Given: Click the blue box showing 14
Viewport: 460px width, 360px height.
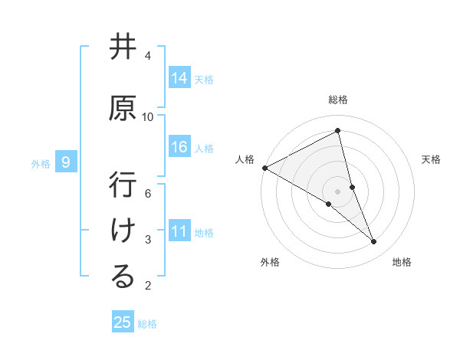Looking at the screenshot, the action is click(x=179, y=78).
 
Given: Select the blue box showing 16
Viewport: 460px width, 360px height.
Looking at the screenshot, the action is click(x=179, y=147).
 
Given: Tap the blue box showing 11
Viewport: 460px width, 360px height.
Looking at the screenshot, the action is click(x=179, y=231).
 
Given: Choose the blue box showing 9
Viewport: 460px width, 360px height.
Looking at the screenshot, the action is click(x=66, y=162).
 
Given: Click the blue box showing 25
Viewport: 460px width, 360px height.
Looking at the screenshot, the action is click(x=123, y=322).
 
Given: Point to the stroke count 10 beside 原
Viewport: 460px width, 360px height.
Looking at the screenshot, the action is click(x=148, y=116).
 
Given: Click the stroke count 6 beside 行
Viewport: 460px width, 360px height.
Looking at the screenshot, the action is click(x=148, y=193).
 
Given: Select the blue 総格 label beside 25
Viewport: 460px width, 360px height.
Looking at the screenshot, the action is click(x=148, y=324).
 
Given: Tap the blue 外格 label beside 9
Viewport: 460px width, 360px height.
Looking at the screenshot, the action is click(x=41, y=163).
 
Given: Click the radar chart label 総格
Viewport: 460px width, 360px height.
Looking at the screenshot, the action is click(x=338, y=100).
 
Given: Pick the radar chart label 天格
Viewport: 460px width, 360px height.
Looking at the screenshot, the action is click(x=432, y=159).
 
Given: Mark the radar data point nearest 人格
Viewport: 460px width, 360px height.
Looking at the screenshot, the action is click(x=264, y=167).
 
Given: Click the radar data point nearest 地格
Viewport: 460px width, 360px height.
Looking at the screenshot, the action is click(x=374, y=242).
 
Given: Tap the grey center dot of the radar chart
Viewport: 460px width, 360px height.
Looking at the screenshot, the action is click(x=337, y=191).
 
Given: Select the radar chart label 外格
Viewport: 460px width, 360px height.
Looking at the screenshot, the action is click(x=270, y=262).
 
